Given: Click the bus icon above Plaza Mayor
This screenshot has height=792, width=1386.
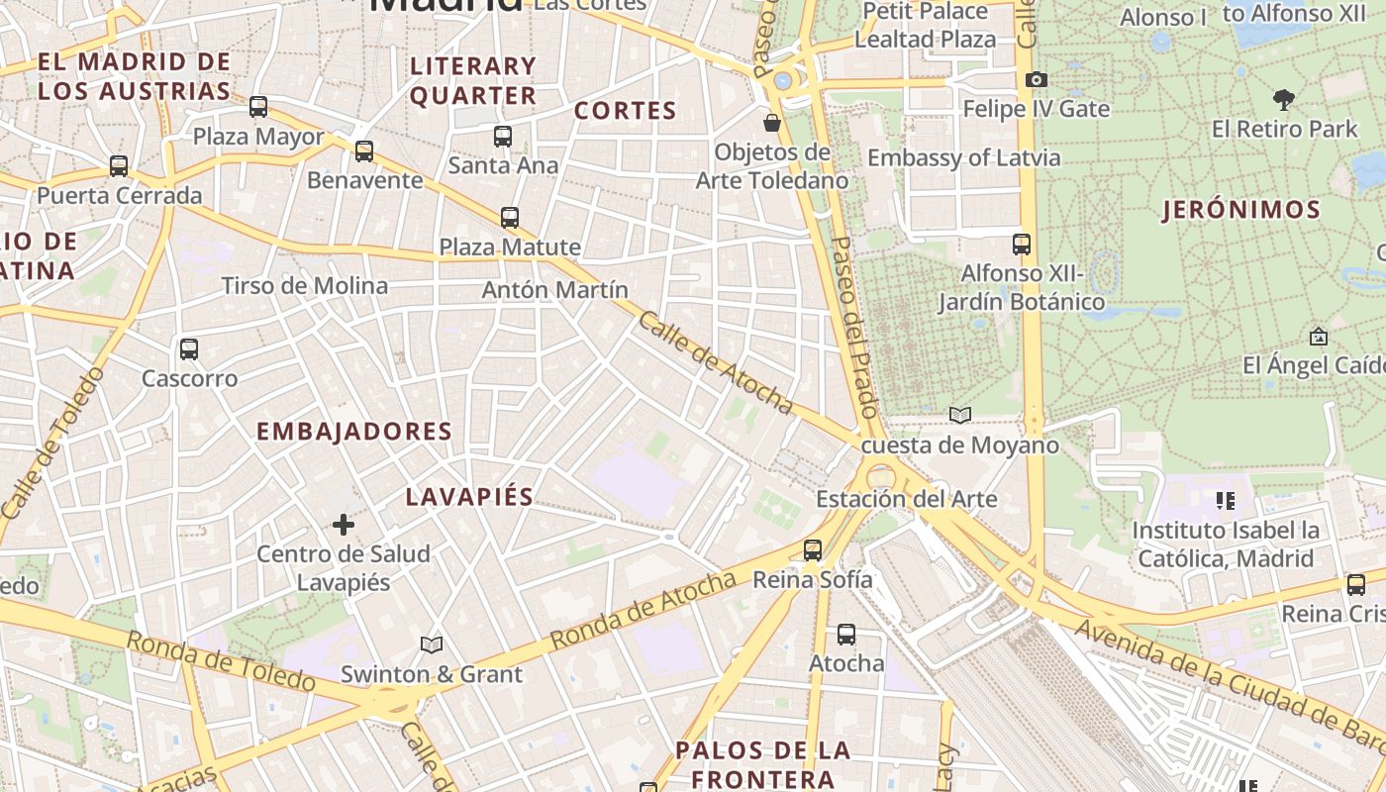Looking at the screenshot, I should point(258,106).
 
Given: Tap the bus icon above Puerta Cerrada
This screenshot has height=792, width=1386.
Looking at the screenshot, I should point(119,165).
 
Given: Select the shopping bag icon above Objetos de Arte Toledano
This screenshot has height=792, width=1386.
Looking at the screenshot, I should point(771,123).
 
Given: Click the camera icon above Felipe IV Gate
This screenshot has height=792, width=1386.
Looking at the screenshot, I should point(1037,79).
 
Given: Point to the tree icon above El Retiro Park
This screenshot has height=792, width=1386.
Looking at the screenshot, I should point(1284,99).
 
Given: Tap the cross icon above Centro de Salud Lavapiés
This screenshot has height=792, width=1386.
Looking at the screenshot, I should point(344,524).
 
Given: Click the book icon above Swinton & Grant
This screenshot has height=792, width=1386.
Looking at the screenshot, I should point(432,644).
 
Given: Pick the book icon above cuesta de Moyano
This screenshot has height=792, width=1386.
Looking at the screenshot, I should point(959,415).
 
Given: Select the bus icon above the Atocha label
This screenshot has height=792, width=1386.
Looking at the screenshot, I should point(846,634).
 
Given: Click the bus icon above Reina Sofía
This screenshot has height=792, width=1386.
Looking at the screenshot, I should point(813,549).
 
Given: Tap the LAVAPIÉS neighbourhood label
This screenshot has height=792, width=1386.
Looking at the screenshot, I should point(469,497).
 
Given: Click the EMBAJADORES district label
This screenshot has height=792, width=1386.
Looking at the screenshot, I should point(354,432).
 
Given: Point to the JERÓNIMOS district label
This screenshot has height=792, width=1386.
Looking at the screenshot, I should point(1241,210).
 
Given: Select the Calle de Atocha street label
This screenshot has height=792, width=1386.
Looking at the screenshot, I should point(715,362).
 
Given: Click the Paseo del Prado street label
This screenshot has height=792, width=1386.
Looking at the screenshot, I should point(854,327).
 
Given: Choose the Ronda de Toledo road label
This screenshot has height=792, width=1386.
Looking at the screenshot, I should point(221,660).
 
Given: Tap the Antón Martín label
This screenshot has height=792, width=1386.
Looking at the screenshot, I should point(554,290).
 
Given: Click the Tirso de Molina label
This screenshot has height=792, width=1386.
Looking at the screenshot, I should point(305,286).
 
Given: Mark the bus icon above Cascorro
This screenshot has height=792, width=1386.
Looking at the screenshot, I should point(189,348).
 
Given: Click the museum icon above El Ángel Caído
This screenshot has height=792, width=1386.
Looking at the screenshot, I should point(1318,337).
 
